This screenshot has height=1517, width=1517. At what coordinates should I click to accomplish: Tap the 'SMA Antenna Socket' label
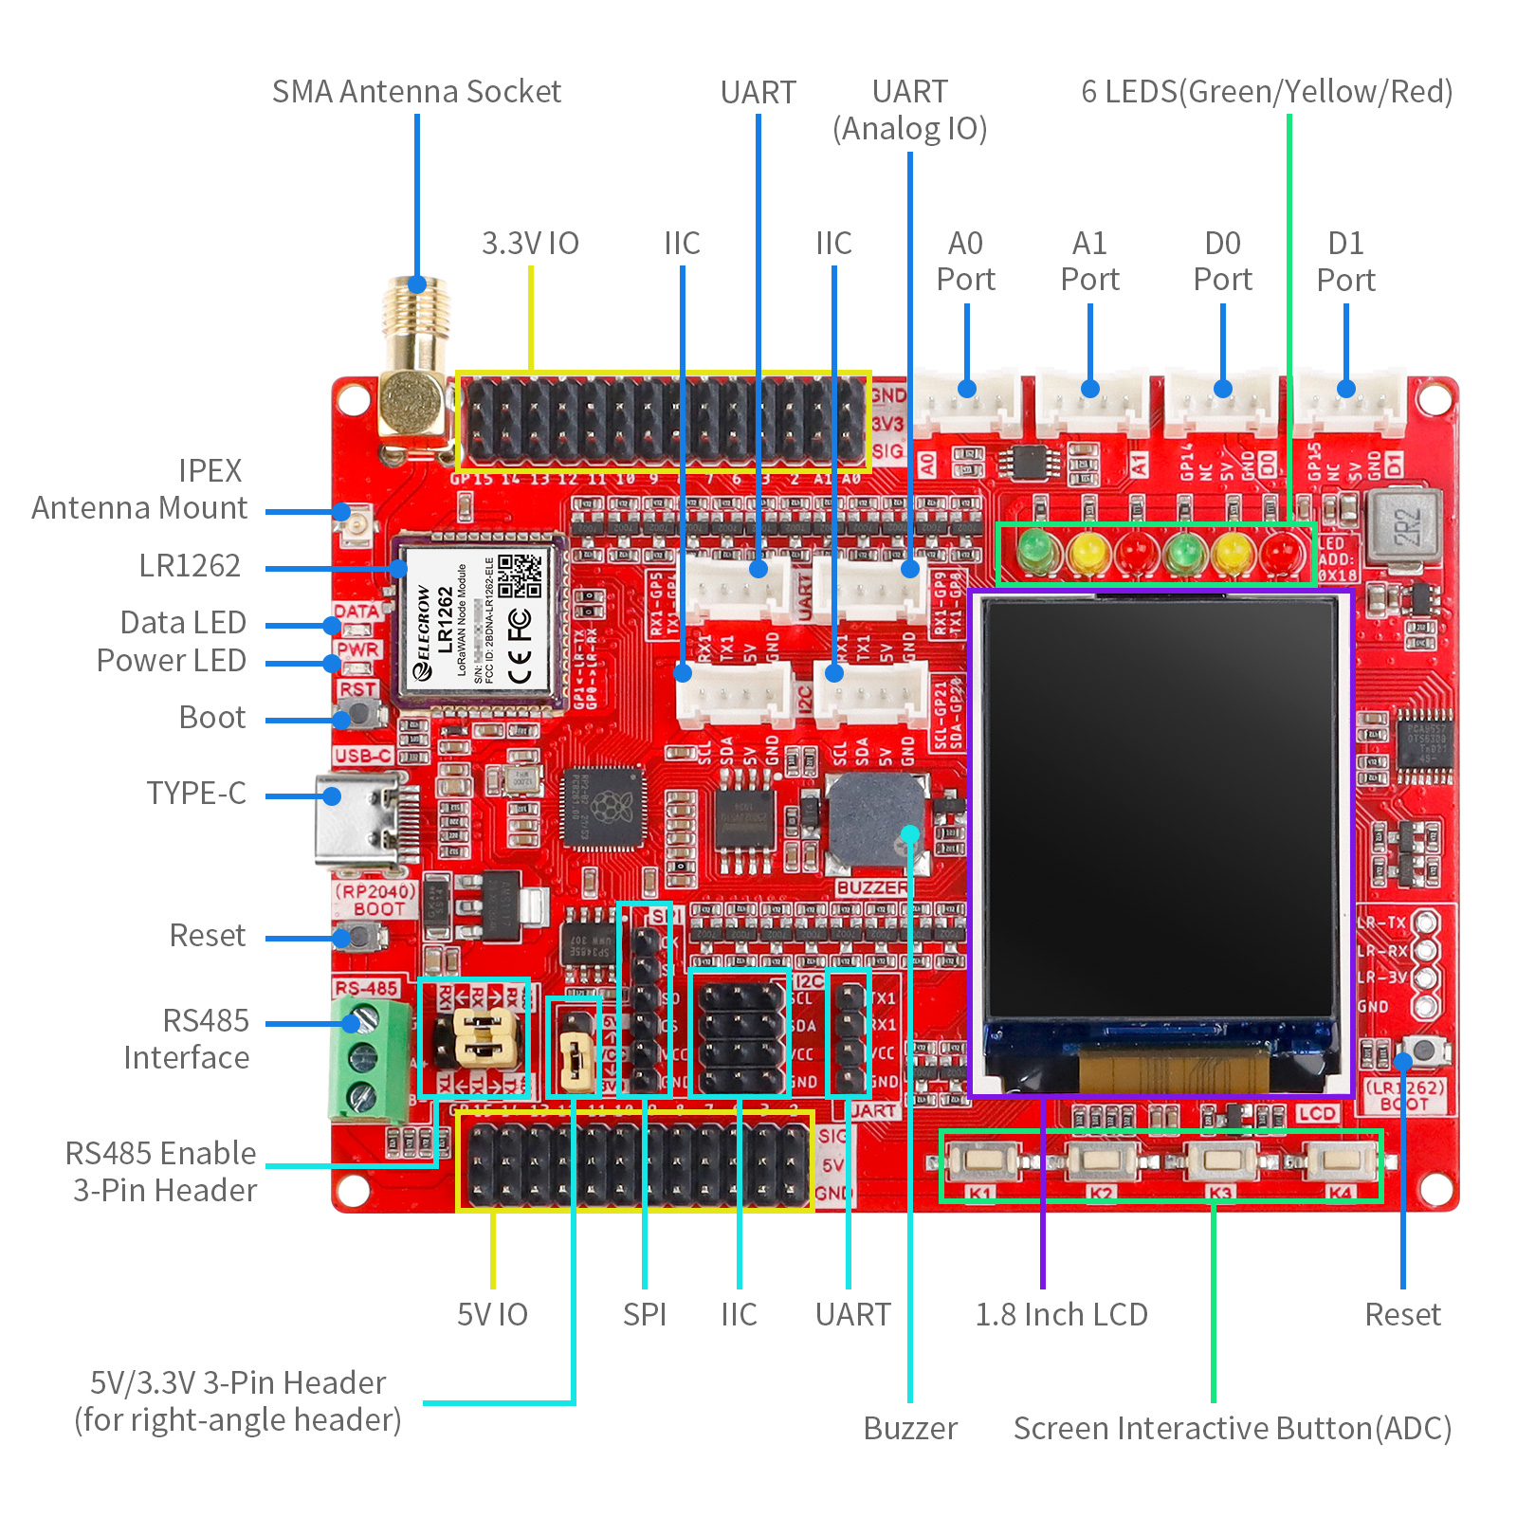[x=416, y=92]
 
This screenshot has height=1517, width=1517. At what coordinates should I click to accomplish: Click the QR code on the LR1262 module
[x=520, y=576]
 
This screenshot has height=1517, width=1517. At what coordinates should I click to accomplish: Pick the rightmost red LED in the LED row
[x=1282, y=552]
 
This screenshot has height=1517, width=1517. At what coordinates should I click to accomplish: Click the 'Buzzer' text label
[x=910, y=1428]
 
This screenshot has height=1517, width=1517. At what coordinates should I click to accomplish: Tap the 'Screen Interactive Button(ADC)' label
[x=1232, y=1428]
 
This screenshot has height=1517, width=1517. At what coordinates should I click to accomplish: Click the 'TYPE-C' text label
[x=196, y=793]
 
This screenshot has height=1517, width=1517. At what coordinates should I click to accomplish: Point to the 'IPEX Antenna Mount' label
[x=139, y=489]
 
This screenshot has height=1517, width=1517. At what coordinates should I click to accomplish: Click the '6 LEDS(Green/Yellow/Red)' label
[x=1267, y=92]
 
